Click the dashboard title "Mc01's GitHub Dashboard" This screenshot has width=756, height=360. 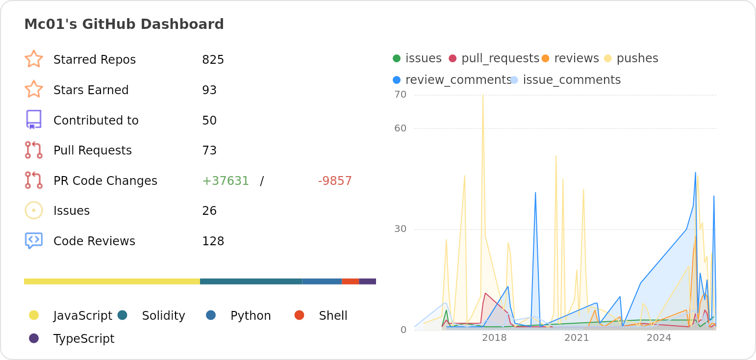pos(124,24)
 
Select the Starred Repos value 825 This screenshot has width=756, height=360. pos(213,60)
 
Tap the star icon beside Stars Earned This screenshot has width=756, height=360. pos(34,89)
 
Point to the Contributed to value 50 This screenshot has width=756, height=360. pos(209,121)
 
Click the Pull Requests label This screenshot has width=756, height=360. pos(92,151)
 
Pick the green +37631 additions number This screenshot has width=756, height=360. pos(226,181)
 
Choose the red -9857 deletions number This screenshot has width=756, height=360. pos(335,181)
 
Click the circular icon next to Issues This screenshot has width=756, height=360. pos(34,210)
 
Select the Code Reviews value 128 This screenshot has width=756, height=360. pos(213,241)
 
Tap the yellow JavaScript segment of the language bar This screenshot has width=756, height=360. pos(112,282)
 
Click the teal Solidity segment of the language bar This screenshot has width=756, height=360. pos(251,282)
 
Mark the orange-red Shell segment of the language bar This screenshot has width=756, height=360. pos(350,282)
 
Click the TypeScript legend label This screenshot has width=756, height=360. pos(84,339)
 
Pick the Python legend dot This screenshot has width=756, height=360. pos(211,315)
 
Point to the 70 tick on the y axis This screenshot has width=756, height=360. pos(401,95)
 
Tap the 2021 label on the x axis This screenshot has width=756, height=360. pos(577,338)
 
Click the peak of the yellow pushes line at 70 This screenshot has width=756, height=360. pos(483,95)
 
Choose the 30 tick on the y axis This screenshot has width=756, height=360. pos(401,229)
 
